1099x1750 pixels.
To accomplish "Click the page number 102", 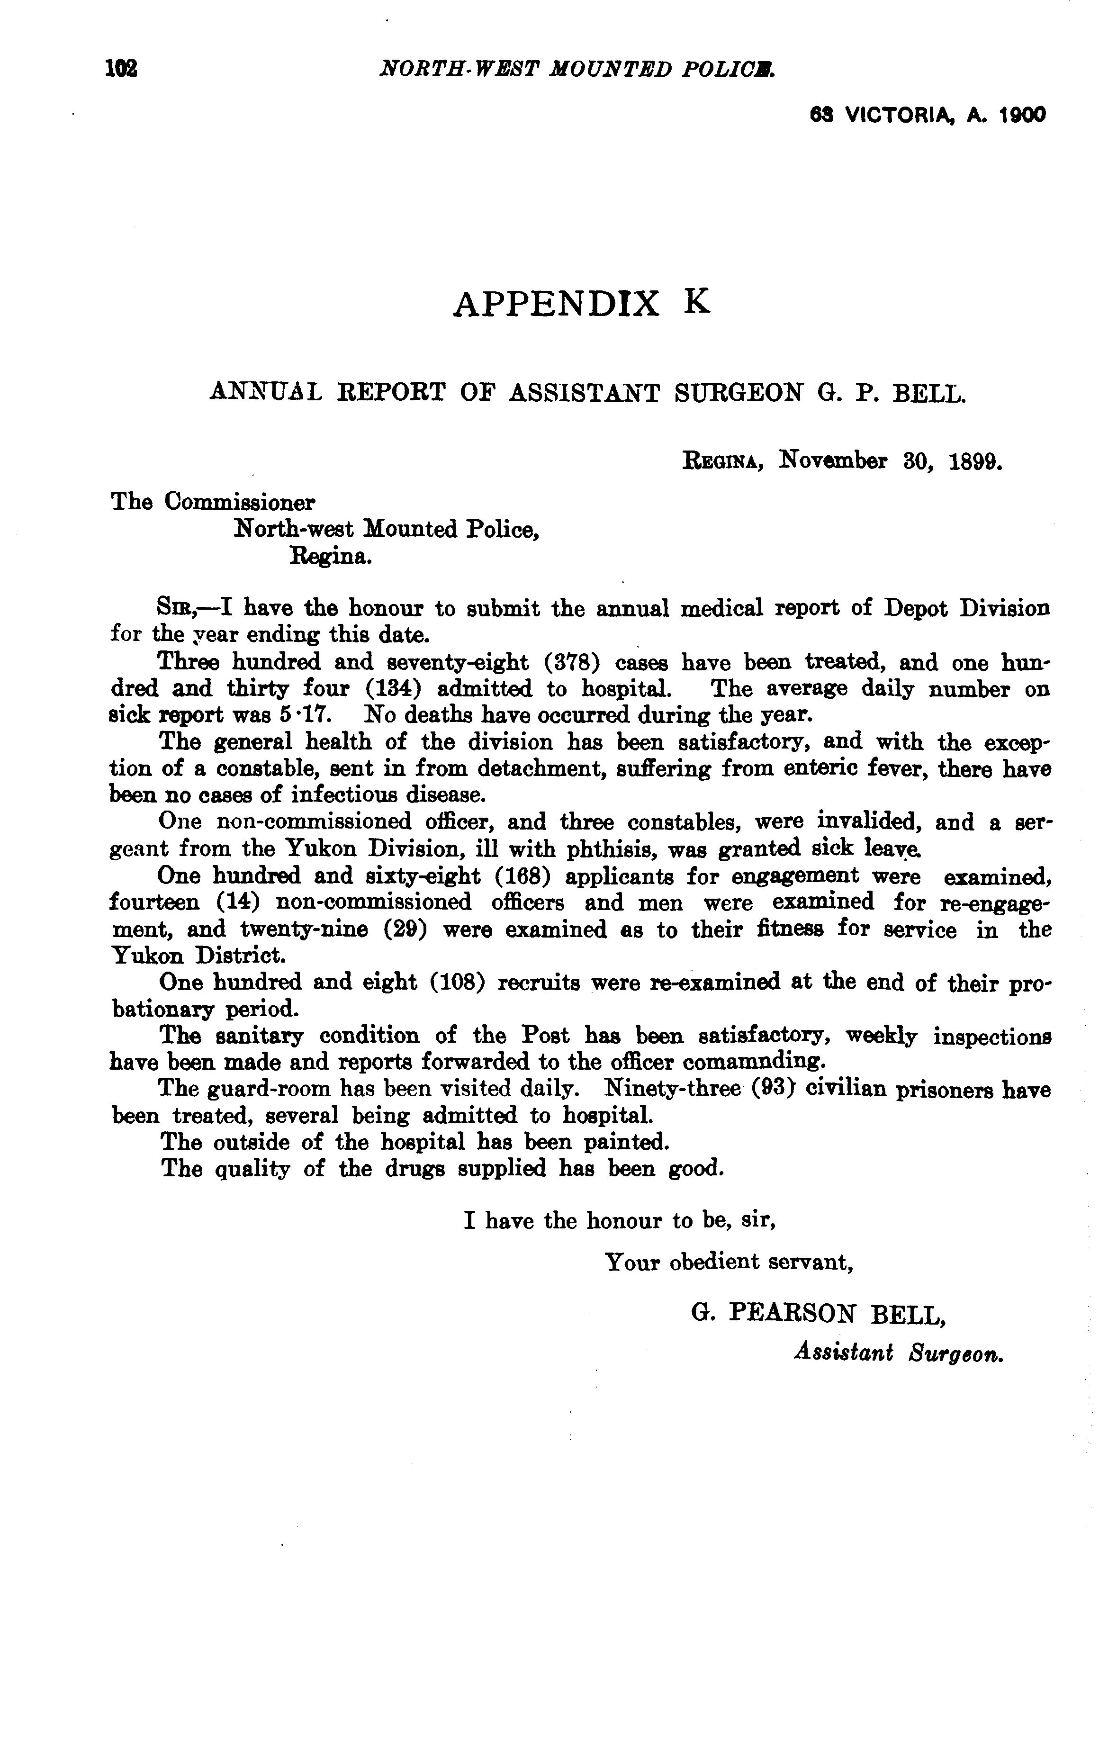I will point(121,69).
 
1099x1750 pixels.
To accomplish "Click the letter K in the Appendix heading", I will point(697,302).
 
